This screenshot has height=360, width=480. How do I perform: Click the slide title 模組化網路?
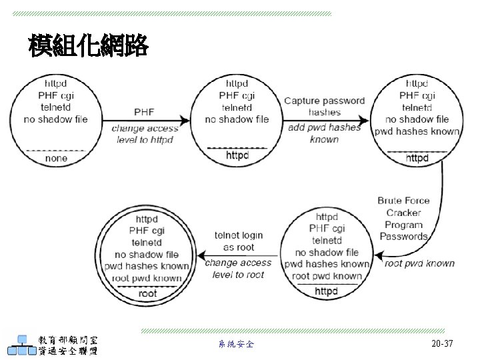88,46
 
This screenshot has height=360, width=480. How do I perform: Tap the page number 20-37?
442,344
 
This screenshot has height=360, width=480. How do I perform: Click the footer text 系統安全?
236,345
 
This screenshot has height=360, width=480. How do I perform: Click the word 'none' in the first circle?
56,159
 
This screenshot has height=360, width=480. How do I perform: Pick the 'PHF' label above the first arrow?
145,111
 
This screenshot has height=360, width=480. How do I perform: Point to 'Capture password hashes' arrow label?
325,107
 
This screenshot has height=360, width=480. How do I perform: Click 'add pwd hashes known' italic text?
325,133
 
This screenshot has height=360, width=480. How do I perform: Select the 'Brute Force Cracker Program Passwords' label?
403,218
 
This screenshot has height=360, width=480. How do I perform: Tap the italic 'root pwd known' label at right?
420,263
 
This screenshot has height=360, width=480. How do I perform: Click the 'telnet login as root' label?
238,241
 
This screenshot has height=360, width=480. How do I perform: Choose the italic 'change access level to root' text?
238,268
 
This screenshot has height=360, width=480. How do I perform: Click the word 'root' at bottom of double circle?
147,293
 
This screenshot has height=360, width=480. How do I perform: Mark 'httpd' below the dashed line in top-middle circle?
237,155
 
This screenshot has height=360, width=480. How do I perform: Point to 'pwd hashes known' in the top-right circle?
417,131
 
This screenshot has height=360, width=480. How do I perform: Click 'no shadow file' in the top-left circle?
56,119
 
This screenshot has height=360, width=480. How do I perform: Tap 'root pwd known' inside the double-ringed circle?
147,278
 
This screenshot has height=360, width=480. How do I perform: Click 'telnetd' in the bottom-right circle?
327,241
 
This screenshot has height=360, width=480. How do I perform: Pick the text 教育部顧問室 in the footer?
68,338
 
